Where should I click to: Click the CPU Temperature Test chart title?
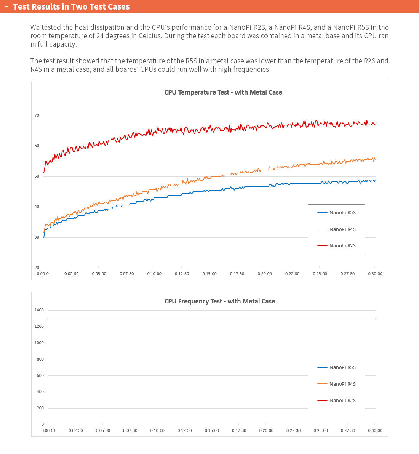click(223, 92)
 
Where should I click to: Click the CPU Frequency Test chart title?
click(219, 301)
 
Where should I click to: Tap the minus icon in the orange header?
click(6, 6)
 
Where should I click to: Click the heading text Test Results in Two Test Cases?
click(71, 6)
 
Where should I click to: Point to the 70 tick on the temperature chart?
click(37, 115)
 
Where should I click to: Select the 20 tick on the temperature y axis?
click(37, 268)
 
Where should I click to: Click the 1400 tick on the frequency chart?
click(39, 310)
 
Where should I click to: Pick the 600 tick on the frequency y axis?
click(40, 375)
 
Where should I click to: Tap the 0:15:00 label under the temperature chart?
click(209, 274)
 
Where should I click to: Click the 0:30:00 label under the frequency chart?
click(375, 430)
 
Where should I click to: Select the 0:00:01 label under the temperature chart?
click(44, 274)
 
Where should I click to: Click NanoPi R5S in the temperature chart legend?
click(342, 213)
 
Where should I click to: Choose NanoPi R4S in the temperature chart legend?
click(342, 229)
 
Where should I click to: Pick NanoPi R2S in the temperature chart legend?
click(342, 246)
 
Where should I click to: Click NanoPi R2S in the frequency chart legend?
click(342, 401)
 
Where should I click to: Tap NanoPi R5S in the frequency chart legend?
click(342, 367)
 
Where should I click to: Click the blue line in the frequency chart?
click(209, 319)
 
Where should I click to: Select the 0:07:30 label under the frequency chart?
click(130, 430)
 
